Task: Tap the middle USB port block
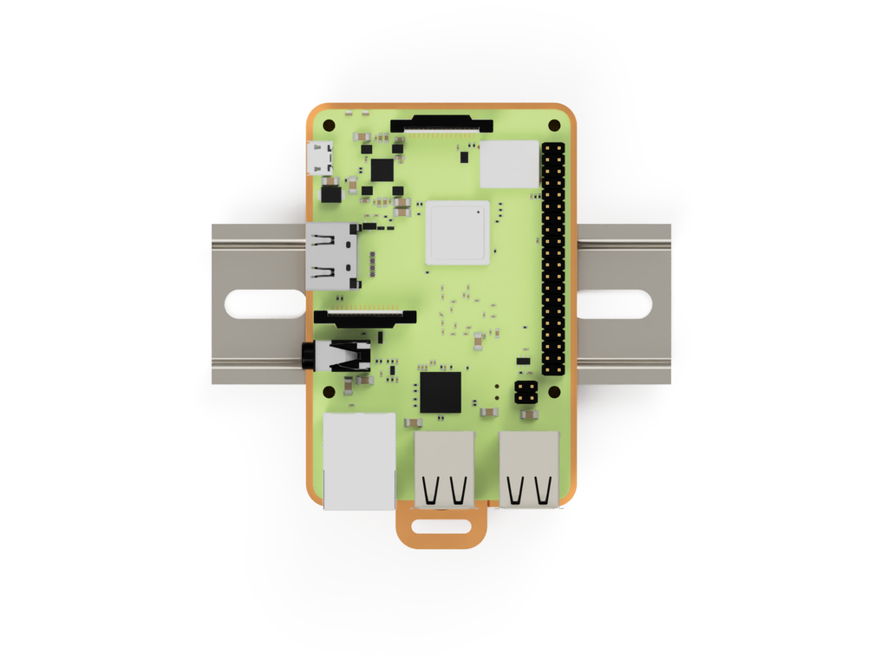[444, 468]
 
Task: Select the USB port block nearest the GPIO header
[529, 468]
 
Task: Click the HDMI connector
[331, 256]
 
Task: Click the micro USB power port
[320, 159]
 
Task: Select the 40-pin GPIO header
[553, 259]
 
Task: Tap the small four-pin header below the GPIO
[525, 391]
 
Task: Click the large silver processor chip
[457, 232]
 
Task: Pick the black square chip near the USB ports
[440, 392]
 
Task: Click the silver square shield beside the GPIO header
[509, 164]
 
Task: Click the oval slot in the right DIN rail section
[614, 304]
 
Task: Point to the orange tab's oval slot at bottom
[442, 526]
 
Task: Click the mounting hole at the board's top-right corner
[554, 126]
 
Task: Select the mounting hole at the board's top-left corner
[328, 126]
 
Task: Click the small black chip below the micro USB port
[330, 193]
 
